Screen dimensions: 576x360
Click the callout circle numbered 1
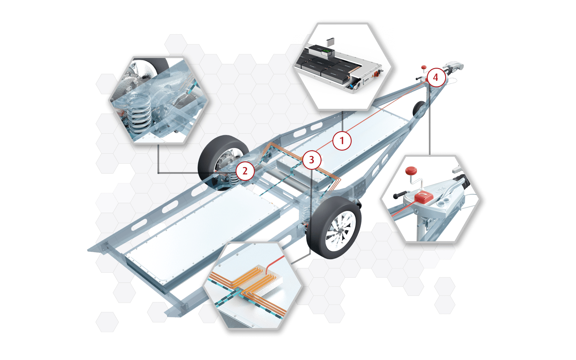tap(342, 140)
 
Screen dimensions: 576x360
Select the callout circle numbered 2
tap(245, 171)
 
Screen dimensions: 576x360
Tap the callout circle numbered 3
tap(312, 160)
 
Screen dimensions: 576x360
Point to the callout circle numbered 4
tap(436, 77)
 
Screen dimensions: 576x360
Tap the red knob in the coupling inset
tap(411, 171)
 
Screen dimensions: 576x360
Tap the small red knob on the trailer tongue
tap(424, 67)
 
